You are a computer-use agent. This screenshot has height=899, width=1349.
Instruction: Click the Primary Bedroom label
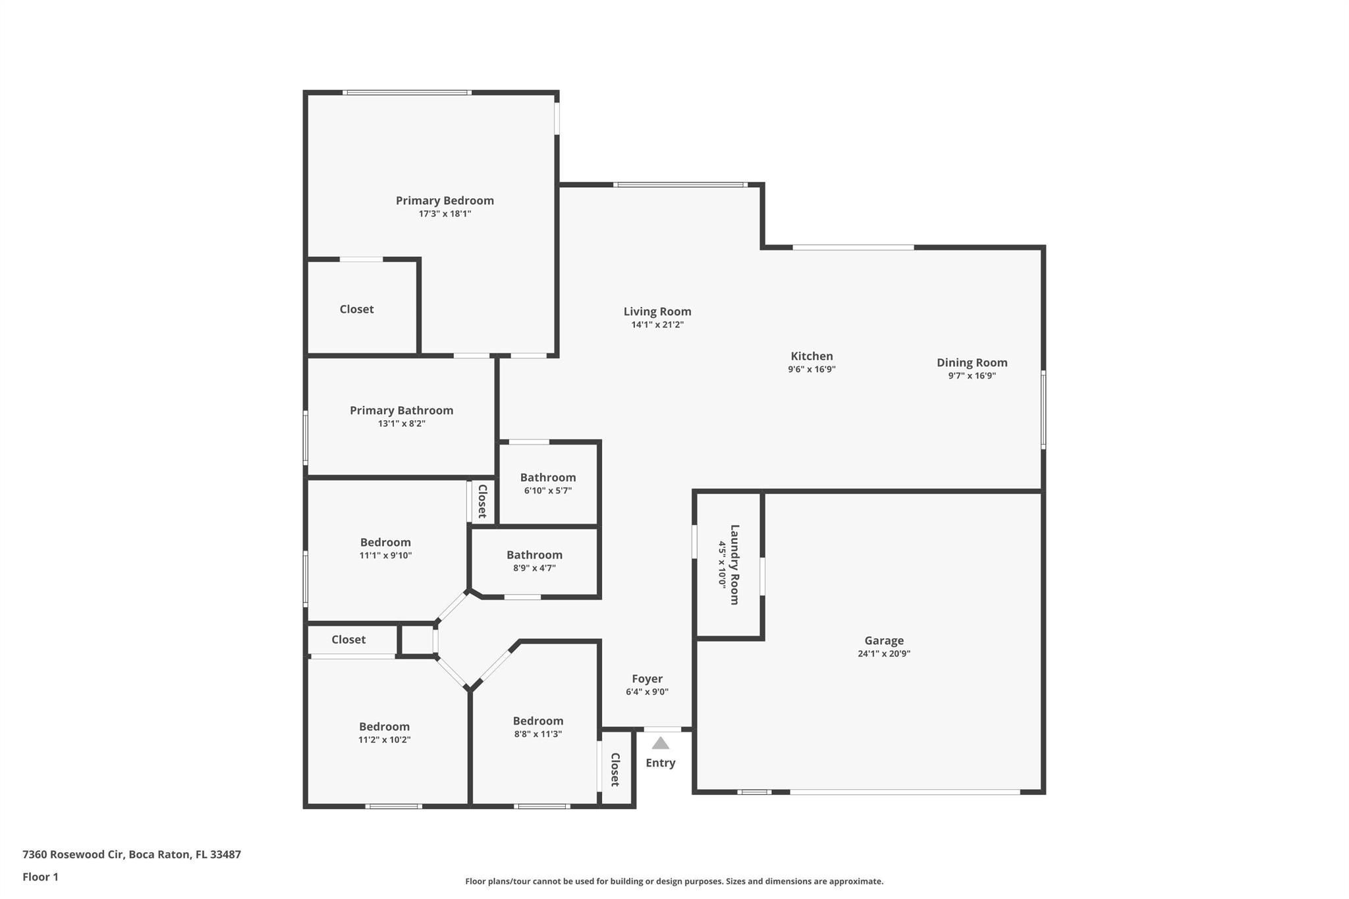click(x=445, y=201)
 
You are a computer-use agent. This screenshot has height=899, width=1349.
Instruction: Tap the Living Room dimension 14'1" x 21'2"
click(x=657, y=325)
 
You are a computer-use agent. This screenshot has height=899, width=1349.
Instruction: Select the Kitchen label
click(x=812, y=356)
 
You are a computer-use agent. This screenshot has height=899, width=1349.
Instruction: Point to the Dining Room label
click(x=972, y=363)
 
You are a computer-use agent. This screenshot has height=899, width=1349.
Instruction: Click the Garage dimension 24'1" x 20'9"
click(x=884, y=654)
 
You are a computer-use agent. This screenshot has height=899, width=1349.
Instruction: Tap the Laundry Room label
click(x=734, y=564)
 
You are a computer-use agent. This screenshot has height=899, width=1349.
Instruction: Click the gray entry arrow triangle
click(x=661, y=743)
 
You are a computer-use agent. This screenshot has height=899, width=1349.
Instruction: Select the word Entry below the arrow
click(x=660, y=763)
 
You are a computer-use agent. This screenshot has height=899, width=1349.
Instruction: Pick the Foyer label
click(x=647, y=679)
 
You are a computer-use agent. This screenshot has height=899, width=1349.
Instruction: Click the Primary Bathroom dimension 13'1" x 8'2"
click(x=401, y=423)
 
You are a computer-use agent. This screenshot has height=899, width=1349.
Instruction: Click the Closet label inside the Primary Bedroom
click(x=356, y=310)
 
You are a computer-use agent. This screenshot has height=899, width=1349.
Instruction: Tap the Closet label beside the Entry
click(x=615, y=770)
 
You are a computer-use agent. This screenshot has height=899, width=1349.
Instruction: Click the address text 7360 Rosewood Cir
click(x=73, y=855)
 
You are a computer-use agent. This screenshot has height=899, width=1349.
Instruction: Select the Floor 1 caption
click(x=40, y=877)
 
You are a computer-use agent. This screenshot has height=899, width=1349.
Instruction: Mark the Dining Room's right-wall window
click(x=1043, y=410)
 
